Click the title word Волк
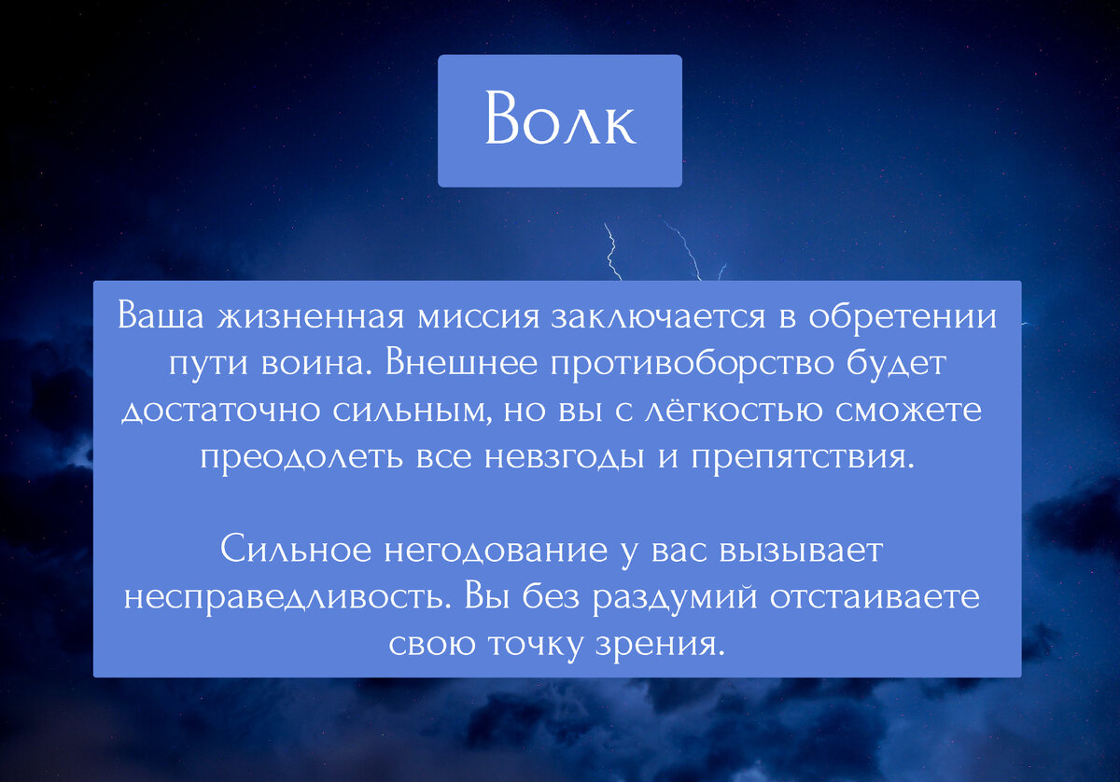pyautogui.click(x=560, y=118)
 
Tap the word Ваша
pyautogui.click(x=161, y=315)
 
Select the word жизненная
pyautogui.click(x=311, y=316)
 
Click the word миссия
pyautogui.click(x=479, y=317)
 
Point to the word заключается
pyautogui.click(x=659, y=316)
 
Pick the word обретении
pyautogui.click(x=903, y=316)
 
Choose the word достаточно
pyautogui.click(x=220, y=411)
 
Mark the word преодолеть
pyautogui.click(x=301, y=458)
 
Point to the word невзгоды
pyautogui.click(x=565, y=458)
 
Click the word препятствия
pyautogui.click(x=804, y=458)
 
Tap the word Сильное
pyautogui.click(x=296, y=549)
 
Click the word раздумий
pyautogui.click(x=675, y=596)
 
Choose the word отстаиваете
pyautogui.click(x=875, y=596)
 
